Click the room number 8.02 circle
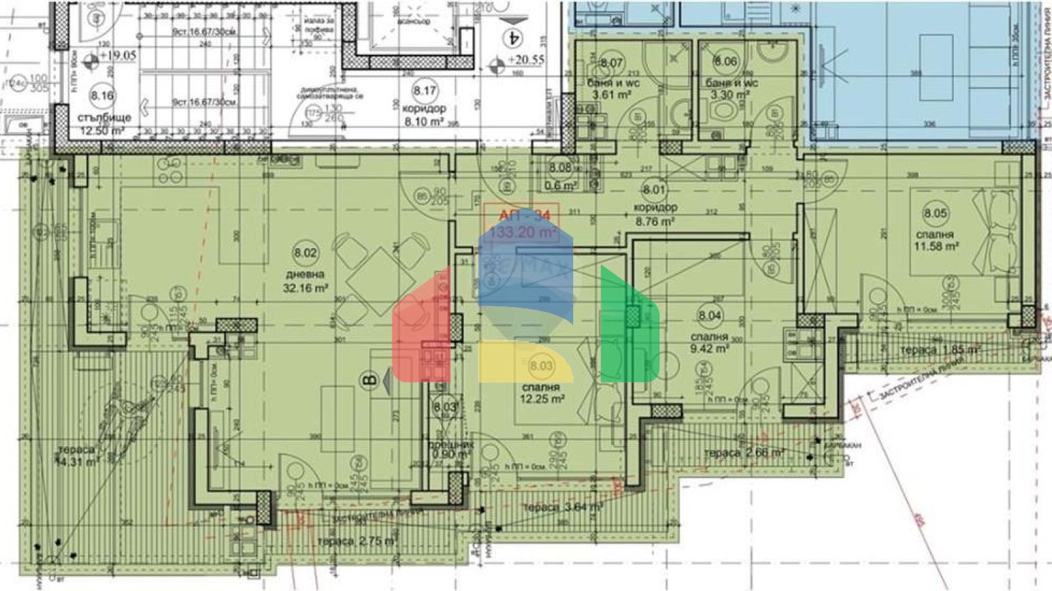point(306,253)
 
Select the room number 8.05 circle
point(936,213)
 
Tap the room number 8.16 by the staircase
point(103,96)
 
